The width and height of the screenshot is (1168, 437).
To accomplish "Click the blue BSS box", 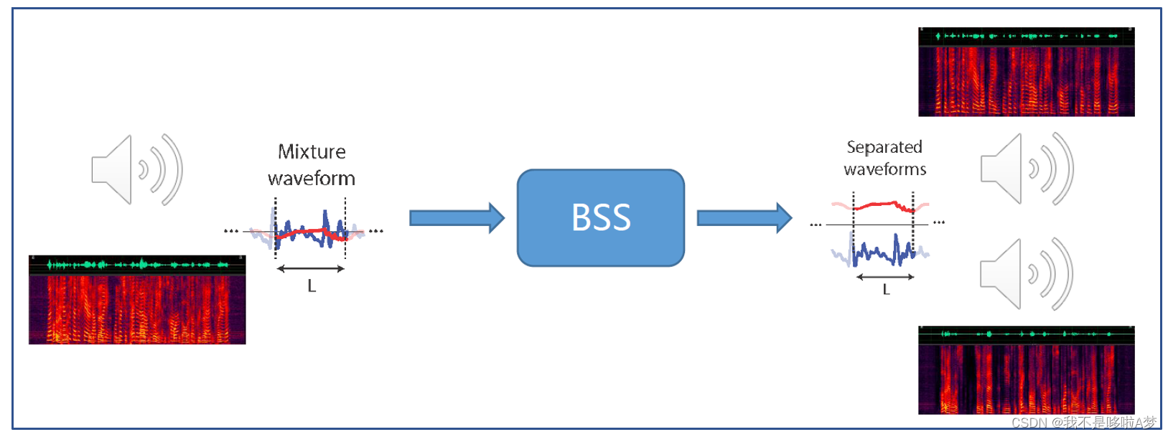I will coord(600,217).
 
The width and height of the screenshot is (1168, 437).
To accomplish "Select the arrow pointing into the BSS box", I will coord(457,217).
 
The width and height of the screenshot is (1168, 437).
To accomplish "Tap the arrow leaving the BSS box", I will coord(744,217).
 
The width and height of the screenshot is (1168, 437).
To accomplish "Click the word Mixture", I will coord(312,152).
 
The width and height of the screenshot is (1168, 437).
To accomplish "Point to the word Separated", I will coord(884,147).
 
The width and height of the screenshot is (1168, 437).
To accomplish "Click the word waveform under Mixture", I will coord(312,178).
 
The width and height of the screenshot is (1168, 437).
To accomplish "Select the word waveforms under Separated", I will coord(885,169).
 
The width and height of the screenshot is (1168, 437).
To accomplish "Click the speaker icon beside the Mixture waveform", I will coord(136,170).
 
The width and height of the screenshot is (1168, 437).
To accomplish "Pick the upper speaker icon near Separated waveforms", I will coord(1027,169).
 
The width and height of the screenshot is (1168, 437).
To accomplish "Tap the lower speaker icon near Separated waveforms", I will coord(1027,274).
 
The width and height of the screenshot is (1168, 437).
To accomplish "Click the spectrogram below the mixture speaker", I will coord(137,300).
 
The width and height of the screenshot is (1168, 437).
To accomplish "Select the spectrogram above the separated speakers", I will coord(1027,72).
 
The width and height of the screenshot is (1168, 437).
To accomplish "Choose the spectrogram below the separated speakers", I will coord(1027,371).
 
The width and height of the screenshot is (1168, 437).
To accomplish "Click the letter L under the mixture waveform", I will coord(312,286).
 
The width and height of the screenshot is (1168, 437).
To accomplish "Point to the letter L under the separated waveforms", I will coord(886,290).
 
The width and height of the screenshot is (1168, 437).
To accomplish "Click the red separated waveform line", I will coord(883,205).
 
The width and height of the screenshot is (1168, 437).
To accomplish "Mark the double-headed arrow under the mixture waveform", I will coord(311,269).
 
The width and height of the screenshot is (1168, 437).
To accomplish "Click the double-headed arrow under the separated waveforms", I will coord(885,277).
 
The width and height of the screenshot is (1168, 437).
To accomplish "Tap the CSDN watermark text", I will coord(1084,423).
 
